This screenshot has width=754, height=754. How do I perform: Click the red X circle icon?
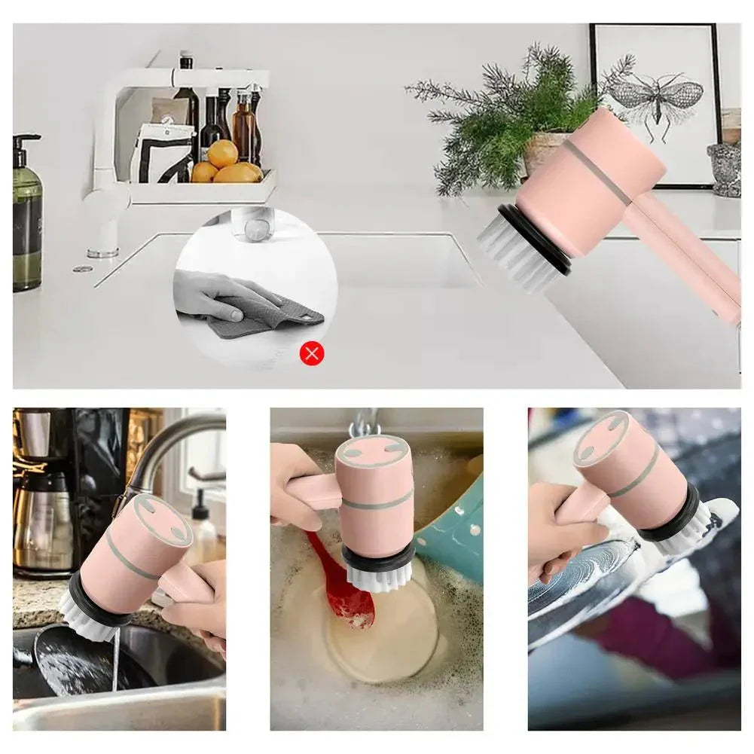(312, 353)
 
